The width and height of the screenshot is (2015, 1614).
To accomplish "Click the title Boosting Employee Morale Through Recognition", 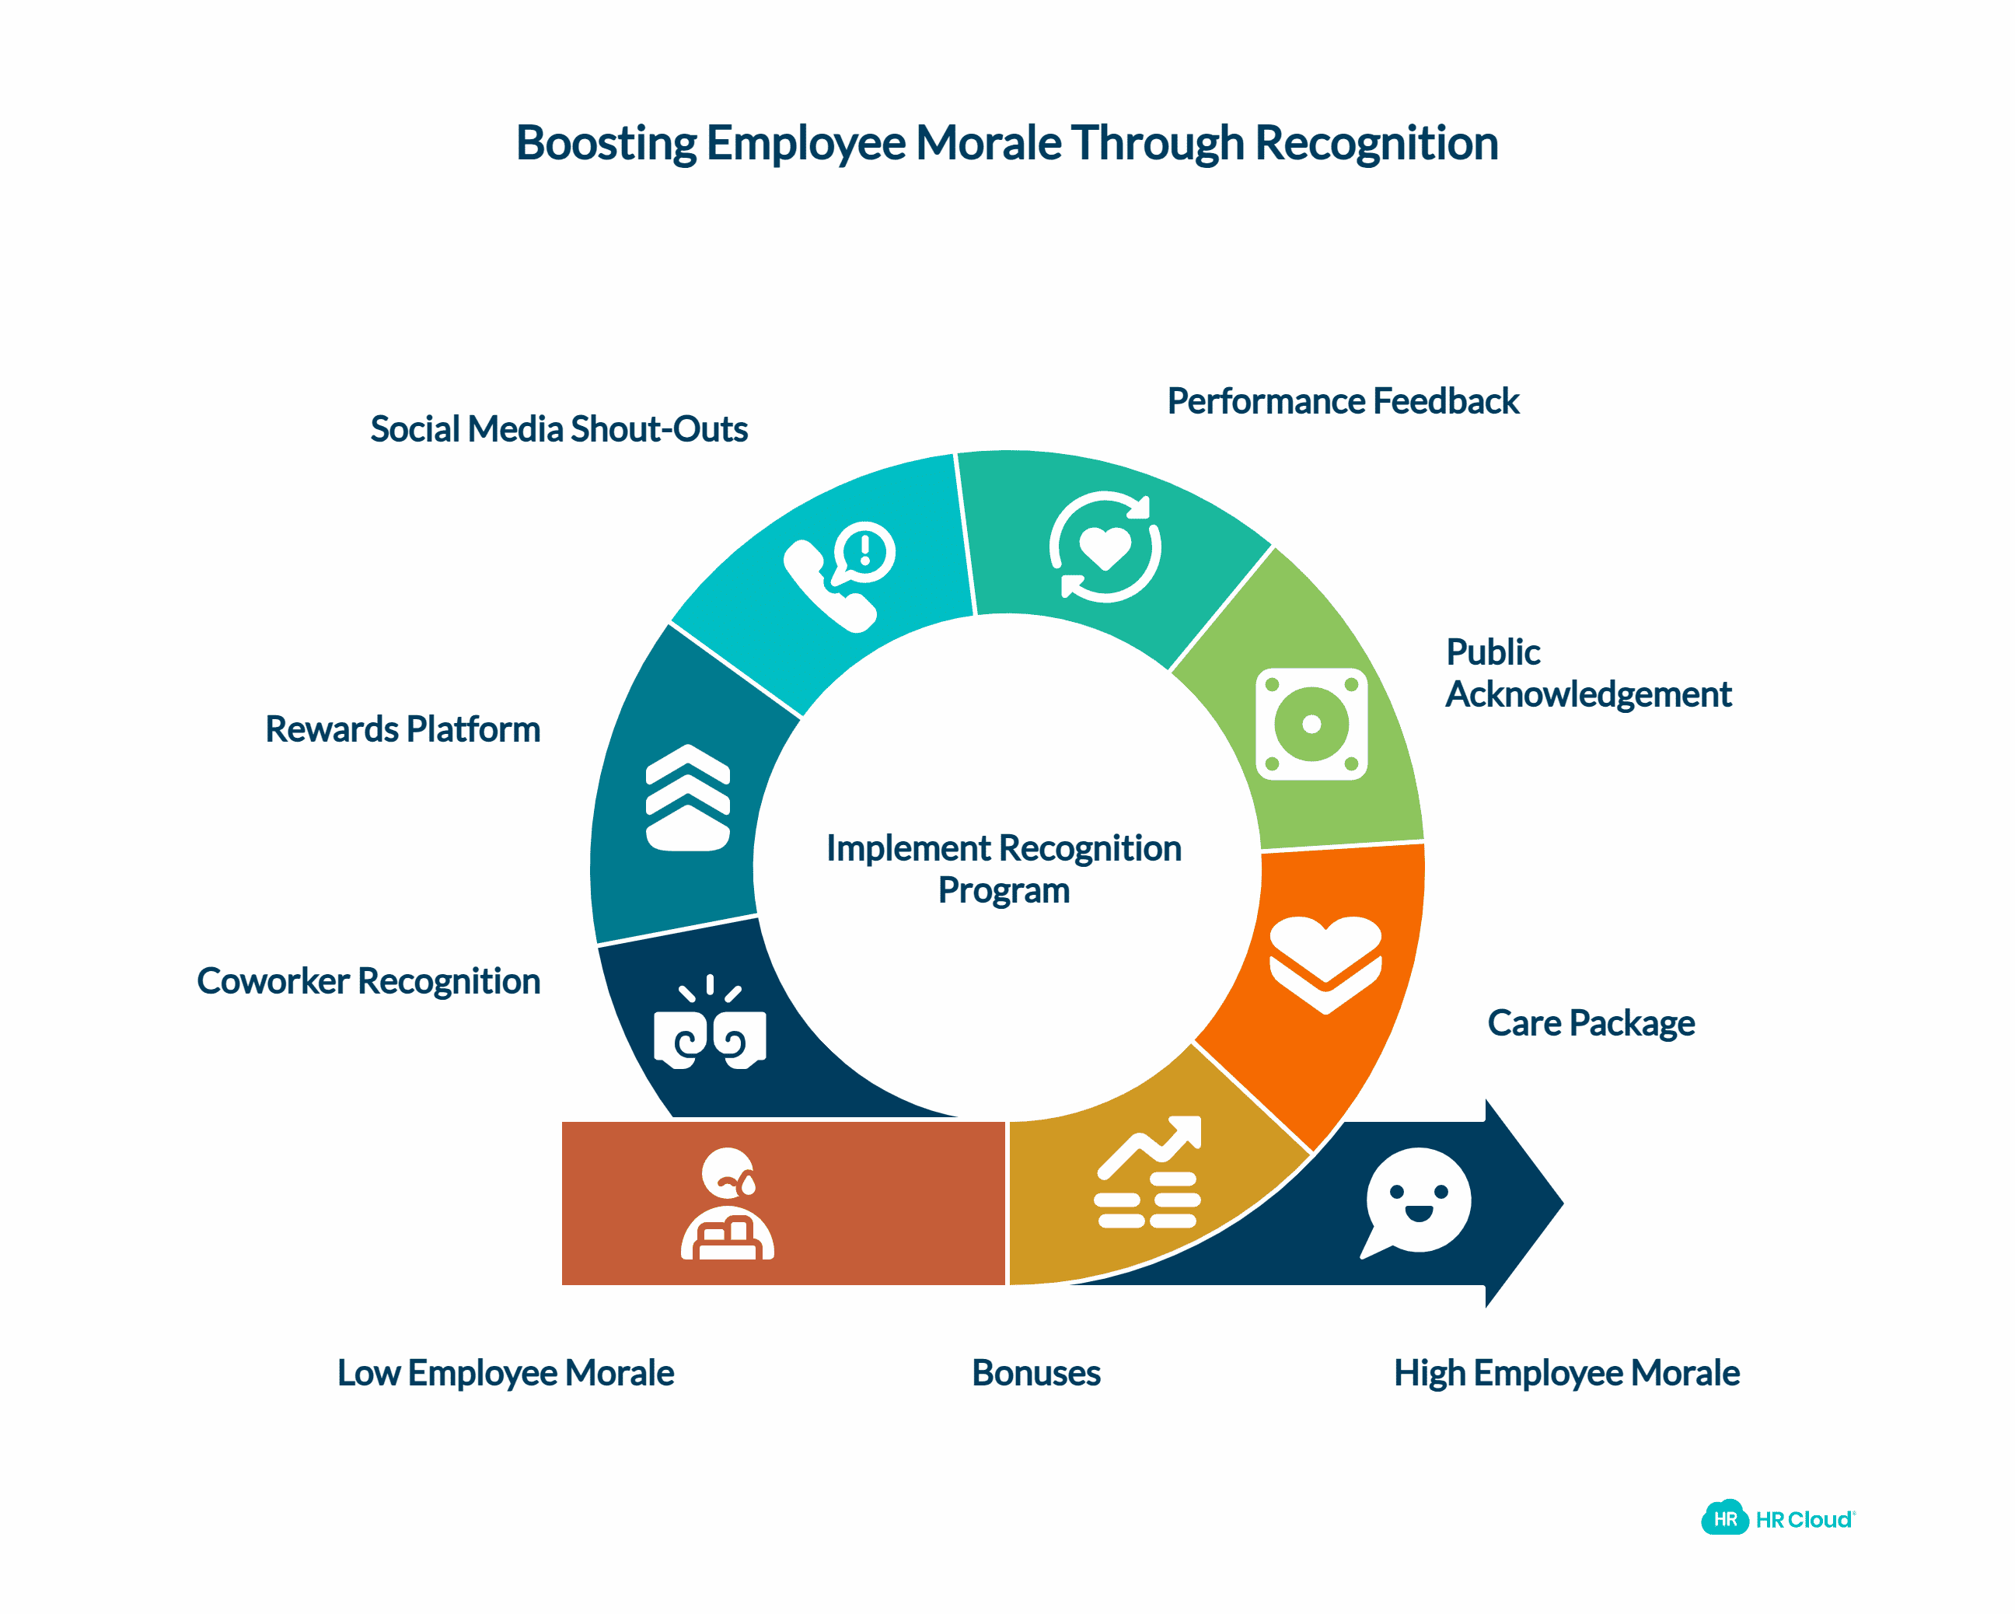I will pyautogui.click(x=1007, y=144).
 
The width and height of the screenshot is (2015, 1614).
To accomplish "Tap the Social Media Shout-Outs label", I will pyautogui.click(x=559, y=429).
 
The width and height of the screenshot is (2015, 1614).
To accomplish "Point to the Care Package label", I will pyautogui.click(x=1591, y=1022).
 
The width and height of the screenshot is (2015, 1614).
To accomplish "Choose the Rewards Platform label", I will pyautogui.click(x=403, y=729).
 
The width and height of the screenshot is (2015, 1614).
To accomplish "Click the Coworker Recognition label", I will pyautogui.click(x=368, y=980).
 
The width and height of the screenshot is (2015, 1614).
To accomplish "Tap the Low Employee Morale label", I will pyautogui.click(x=505, y=1373).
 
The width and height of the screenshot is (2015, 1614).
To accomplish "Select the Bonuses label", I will pyautogui.click(x=1035, y=1373).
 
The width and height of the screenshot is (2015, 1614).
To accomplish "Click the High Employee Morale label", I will pyautogui.click(x=1566, y=1373).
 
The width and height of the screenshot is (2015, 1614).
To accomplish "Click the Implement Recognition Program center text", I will pyautogui.click(x=1004, y=869).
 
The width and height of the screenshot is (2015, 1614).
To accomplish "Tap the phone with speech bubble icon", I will pyautogui.click(x=838, y=577).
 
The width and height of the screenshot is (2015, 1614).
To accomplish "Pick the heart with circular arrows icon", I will pyautogui.click(x=1105, y=547).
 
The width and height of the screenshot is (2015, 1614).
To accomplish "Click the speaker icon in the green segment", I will pyautogui.click(x=1311, y=725).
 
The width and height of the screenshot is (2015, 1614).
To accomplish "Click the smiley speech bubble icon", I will pyautogui.click(x=1416, y=1203).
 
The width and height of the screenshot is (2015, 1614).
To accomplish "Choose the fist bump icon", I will pyautogui.click(x=711, y=1025).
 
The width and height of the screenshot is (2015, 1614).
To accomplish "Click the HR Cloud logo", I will pyautogui.click(x=1778, y=1520).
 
